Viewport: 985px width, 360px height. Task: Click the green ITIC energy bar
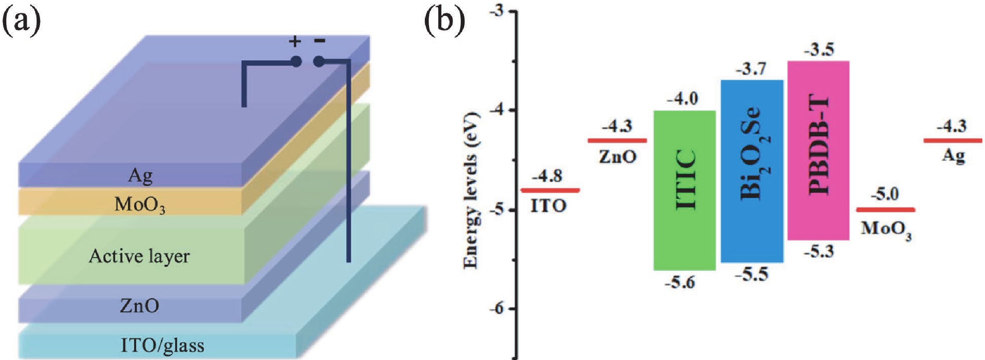pos(684,190)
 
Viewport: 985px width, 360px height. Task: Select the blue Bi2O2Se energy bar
pos(752,171)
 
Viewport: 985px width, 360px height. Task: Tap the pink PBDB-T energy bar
pos(818,150)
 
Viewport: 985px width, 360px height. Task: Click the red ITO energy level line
pos(550,191)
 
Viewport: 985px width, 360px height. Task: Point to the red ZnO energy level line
pos(617,141)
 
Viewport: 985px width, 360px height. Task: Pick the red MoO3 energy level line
pos(886,209)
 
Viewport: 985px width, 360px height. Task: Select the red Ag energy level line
pos(953,141)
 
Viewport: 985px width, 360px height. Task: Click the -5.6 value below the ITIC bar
pos(680,283)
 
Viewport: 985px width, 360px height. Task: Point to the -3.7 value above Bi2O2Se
pos(751,69)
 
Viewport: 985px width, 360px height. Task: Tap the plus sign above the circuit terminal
pos(295,41)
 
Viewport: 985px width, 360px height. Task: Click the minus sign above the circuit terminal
pos(319,40)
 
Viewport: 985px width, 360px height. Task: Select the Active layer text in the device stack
pos(139,256)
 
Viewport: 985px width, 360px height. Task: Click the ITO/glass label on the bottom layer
pos(163,345)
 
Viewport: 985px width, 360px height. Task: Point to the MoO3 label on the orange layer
pos(140,205)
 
